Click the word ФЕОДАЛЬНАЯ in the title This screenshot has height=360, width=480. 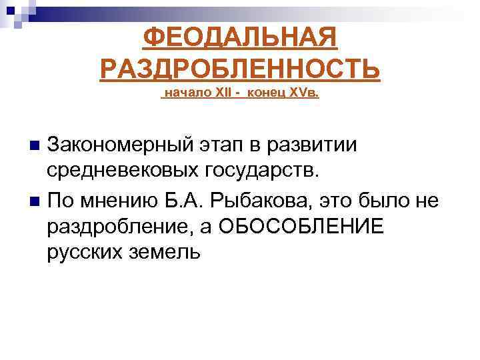(x=240, y=39)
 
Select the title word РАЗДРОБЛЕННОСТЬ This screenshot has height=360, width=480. (x=240, y=68)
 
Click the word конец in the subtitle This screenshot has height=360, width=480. (x=264, y=93)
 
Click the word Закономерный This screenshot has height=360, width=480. (x=120, y=145)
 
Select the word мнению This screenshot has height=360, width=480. (x=121, y=199)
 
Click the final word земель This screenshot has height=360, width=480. (x=167, y=252)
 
